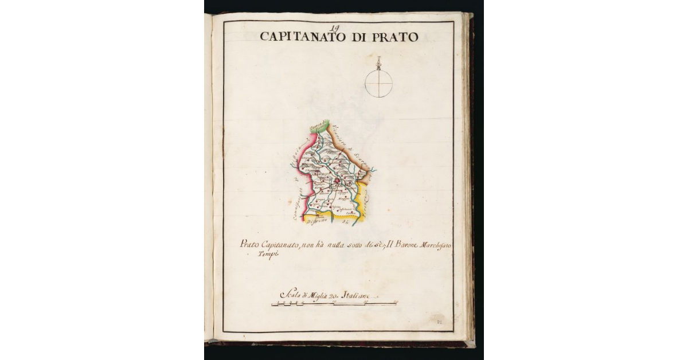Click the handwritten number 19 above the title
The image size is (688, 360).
click(336, 26)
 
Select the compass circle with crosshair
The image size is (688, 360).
click(379, 83)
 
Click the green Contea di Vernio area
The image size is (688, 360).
click(318, 127)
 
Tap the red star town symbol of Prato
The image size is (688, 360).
click(338, 182)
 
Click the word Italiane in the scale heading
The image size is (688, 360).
click(358, 295)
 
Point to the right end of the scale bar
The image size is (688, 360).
click(396, 303)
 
